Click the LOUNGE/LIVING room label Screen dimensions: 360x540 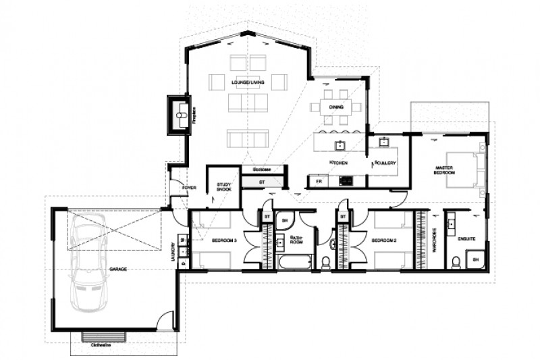pyautogui.click(x=248, y=82)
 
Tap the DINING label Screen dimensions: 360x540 pyautogui.click(x=336, y=107)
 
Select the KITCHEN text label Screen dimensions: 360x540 pyautogui.click(x=337, y=163)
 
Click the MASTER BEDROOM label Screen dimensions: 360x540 pyautogui.click(x=443, y=170)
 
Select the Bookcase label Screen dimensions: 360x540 pyautogui.click(x=262, y=170)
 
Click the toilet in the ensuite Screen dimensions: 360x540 pyautogui.click(x=456, y=261)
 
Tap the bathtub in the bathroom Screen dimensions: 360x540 pyautogui.click(x=295, y=261)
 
